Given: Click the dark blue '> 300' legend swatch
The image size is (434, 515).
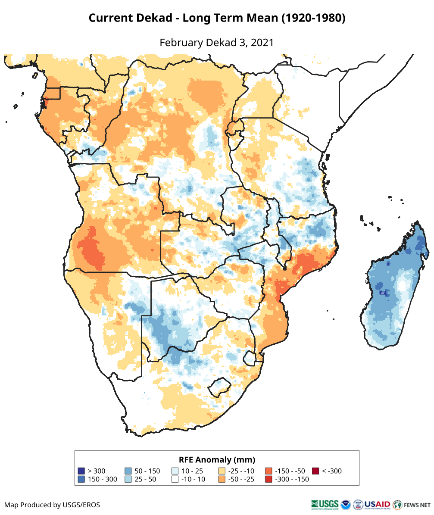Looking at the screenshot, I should [x=81, y=471].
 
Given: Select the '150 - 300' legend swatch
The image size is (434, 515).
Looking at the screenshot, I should [x=81, y=479].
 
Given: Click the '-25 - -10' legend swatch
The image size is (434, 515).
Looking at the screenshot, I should [x=222, y=471].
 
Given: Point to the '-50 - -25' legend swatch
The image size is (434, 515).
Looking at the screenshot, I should [x=222, y=479].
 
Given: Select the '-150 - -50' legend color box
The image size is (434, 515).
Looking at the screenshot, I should [x=269, y=471].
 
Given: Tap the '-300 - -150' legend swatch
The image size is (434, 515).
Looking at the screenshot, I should [x=269, y=479].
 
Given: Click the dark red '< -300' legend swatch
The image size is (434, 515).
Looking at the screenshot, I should [x=315, y=471].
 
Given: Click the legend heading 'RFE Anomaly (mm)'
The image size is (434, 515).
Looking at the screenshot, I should [x=217, y=459].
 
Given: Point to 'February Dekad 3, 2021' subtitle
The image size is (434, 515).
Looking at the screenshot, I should [x=217, y=43].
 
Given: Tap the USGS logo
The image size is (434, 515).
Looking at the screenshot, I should [x=325, y=504].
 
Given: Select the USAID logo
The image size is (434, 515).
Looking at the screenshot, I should [x=377, y=504].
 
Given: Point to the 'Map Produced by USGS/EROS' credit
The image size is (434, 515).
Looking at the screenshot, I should [x=52, y=505].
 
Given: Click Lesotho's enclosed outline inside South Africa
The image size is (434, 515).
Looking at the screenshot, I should [x=219, y=387].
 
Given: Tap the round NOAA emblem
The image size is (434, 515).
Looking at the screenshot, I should [x=346, y=504].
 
